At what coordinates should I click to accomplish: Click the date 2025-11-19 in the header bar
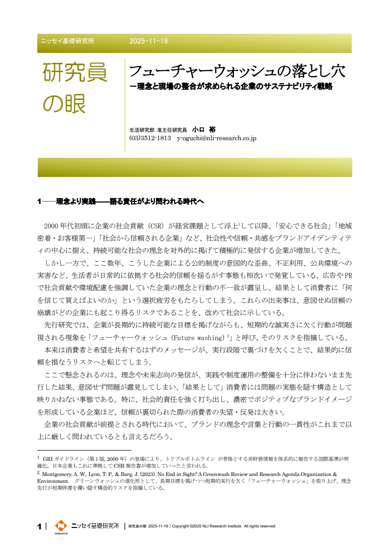pyautogui.click(x=149, y=41)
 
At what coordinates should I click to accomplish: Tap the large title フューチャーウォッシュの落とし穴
pyautogui.click(x=237, y=72)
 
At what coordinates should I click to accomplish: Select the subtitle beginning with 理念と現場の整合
pyautogui.click(x=231, y=86)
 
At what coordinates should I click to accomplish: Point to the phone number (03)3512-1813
pyautogui.click(x=150, y=138)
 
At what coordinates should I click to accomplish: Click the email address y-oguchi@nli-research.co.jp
pyautogui.click(x=216, y=138)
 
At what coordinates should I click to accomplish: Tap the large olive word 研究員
pyautogui.click(x=75, y=73)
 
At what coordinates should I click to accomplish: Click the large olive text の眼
pyautogui.click(x=65, y=103)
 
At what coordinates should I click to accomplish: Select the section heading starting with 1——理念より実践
pyautogui.click(x=120, y=201)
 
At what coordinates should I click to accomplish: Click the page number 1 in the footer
pyautogui.click(x=39, y=526)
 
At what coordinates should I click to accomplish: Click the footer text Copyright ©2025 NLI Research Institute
pyautogui.click(x=206, y=526)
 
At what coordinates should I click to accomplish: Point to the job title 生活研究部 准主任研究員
pyautogui.click(x=158, y=130)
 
